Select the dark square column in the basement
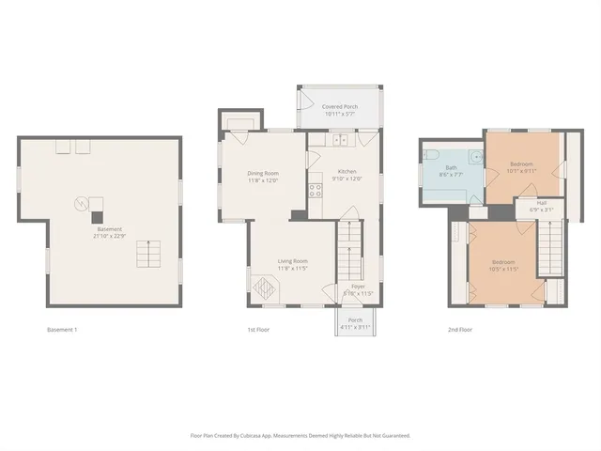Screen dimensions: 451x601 pos(96,216)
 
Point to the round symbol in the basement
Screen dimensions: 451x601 pos(81,203)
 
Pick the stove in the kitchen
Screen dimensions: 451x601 pos(316,190)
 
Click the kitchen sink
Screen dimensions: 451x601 pos(339,140)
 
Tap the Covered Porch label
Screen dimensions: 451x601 pos(339,107)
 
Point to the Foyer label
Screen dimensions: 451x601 pos(358,286)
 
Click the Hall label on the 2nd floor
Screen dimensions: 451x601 pos(543,203)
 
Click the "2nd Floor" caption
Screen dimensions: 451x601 pos(459,330)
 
